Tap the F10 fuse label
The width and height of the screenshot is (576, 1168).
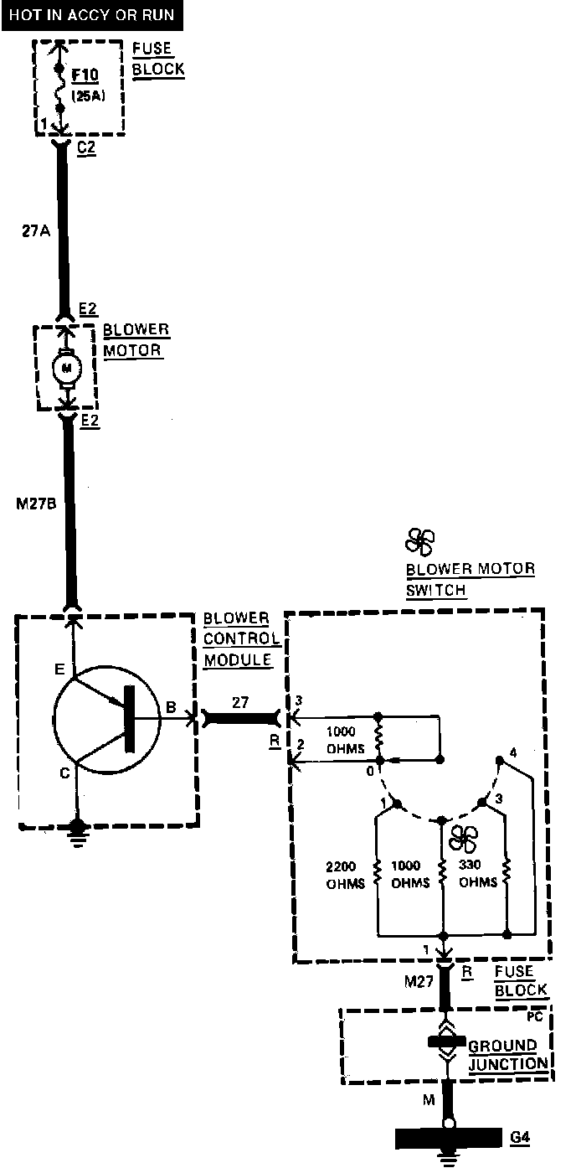tap(85, 75)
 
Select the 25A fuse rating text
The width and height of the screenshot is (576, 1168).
tap(85, 95)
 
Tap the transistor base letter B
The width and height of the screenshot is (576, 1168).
tap(170, 709)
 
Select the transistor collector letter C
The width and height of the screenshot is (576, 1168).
tap(64, 773)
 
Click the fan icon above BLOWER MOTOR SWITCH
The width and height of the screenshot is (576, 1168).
tap(419, 541)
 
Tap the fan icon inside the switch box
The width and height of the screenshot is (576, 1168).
tap(462, 839)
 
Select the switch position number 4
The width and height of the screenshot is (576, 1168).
tap(513, 752)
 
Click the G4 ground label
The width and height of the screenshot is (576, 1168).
tap(520, 1137)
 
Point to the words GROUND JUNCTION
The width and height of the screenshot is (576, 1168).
tap(501, 1054)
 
